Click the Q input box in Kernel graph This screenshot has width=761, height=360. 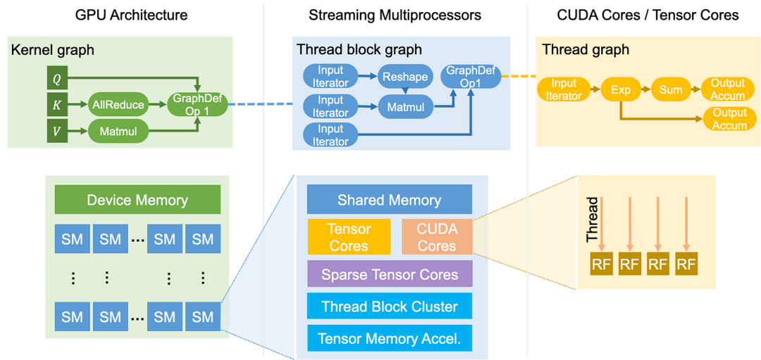point(57,79)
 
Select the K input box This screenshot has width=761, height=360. point(57,105)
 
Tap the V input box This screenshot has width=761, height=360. point(57,130)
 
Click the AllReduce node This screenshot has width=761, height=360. point(118,105)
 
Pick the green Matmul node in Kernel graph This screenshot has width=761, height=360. point(118,130)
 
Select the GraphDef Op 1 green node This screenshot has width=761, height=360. point(197,105)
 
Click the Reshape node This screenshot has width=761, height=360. point(405,77)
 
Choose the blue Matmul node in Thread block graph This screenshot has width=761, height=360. point(405,107)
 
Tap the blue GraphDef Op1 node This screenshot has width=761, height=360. point(471,77)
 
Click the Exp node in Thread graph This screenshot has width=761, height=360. point(620,90)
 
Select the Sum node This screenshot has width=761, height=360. point(670,90)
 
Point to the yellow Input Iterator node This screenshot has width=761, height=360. point(564,90)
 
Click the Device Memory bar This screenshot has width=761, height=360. point(137,200)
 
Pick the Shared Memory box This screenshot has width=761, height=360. point(389,200)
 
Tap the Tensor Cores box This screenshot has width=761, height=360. point(349,237)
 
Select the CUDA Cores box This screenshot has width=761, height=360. point(437,237)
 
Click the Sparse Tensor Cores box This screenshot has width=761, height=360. point(389,275)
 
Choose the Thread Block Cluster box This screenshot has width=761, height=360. point(389,306)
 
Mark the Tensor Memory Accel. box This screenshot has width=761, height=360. point(389,338)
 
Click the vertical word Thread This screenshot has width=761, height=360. point(592,220)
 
